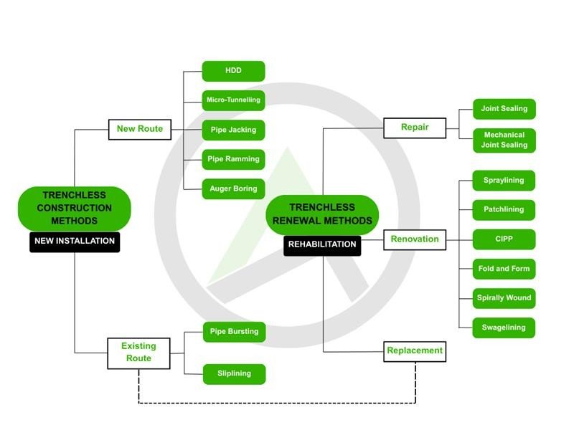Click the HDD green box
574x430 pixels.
[233, 71]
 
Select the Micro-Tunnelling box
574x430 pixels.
[233, 100]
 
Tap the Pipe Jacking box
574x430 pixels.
[233, 130]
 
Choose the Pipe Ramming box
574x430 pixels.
[233, 159]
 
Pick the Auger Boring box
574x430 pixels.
[233, 188]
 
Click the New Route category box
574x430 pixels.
[140, 130]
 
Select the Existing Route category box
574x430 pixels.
[138, 353]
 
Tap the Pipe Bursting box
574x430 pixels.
[233, 332]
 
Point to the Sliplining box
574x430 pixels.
[233, 373]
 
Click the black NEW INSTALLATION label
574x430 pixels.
[75, 242]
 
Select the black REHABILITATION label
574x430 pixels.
[322, 244]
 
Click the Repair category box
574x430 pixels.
[415, 128]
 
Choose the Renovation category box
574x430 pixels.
[415, 239]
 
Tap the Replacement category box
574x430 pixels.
[415, 351]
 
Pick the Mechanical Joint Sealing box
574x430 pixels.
[504, 140]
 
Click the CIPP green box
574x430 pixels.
[504, 239]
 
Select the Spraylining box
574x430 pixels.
[504, 181]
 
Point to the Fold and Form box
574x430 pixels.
[504, 269]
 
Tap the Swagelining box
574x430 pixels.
[504, 328]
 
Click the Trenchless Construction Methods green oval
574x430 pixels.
[74, 208]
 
